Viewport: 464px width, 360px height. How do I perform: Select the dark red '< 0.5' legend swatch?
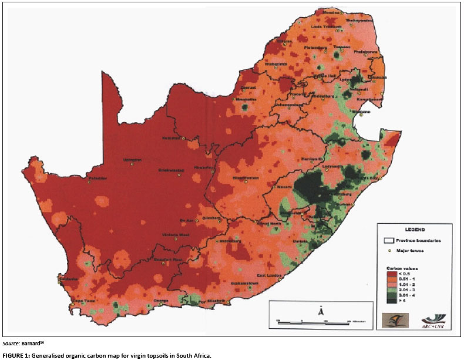[389, 273]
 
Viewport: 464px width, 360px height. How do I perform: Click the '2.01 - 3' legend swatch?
[389, 289]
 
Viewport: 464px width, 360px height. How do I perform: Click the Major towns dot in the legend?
[389, 251]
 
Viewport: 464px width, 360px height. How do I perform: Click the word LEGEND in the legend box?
[414, 229]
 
